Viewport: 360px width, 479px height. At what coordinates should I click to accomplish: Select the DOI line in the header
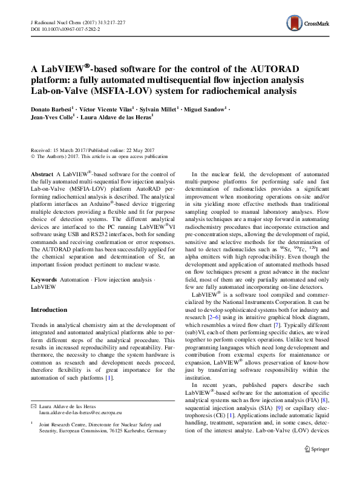click(61, 29)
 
